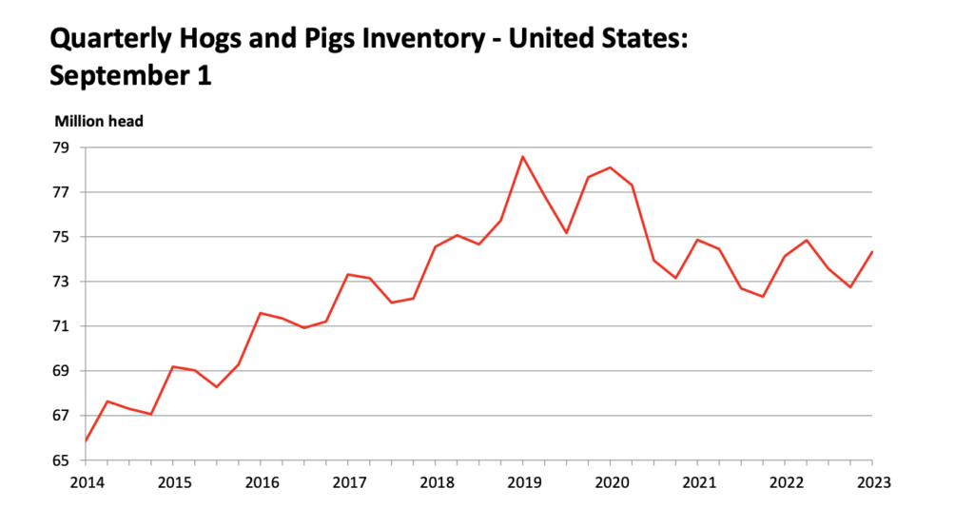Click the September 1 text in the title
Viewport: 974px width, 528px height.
coord(129,75)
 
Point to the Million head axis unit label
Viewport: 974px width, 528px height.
coord(99,121)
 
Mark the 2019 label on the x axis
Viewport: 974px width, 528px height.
coord(523,481)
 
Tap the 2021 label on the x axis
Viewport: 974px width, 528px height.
coord(699,481)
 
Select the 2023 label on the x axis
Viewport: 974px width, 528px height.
coord(873,481)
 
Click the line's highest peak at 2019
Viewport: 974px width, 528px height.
coord(523,156)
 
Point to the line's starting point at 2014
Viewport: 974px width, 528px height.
coord(86,440)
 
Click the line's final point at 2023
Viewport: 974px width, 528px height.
coord(872,251)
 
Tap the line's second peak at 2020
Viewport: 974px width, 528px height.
coord(611,167)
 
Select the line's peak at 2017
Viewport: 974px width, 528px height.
coord(348,274)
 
